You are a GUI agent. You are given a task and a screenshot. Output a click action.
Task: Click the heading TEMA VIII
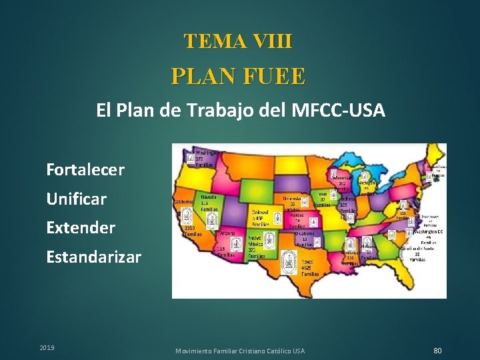click(x=239, y=41)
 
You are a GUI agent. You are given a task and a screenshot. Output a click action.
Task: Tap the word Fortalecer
click(x=85, y=170)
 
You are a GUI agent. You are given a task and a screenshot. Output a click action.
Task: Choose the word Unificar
click(x=76, y=199)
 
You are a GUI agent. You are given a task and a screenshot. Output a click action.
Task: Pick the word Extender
click(x=81, y=227)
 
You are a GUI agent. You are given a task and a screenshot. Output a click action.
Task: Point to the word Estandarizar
click(x=94, y=257)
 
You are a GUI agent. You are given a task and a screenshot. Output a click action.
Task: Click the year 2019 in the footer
click(x=47, y=348)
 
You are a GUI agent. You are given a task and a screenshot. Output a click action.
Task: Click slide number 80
click(x=437, y=351)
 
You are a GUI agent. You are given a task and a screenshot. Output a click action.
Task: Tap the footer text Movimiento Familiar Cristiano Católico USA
click(x=240, y=351)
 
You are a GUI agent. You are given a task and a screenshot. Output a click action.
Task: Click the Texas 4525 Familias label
click(x=310, y=267)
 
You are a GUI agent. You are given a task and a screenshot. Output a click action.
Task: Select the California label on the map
click(x=184, y=202)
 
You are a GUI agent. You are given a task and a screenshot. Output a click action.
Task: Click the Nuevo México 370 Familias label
click(x=257, y=246)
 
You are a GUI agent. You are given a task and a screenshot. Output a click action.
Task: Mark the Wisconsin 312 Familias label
click(x=344, y=185)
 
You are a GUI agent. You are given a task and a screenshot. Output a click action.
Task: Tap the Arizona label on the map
click(x=226, y=234)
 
